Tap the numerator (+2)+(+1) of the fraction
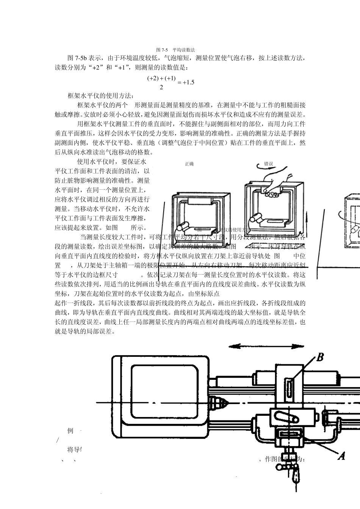tap(161, 78)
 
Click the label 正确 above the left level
tap(189, 164)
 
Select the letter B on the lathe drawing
tap(320, 357)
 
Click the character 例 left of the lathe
tap(70, 431)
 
